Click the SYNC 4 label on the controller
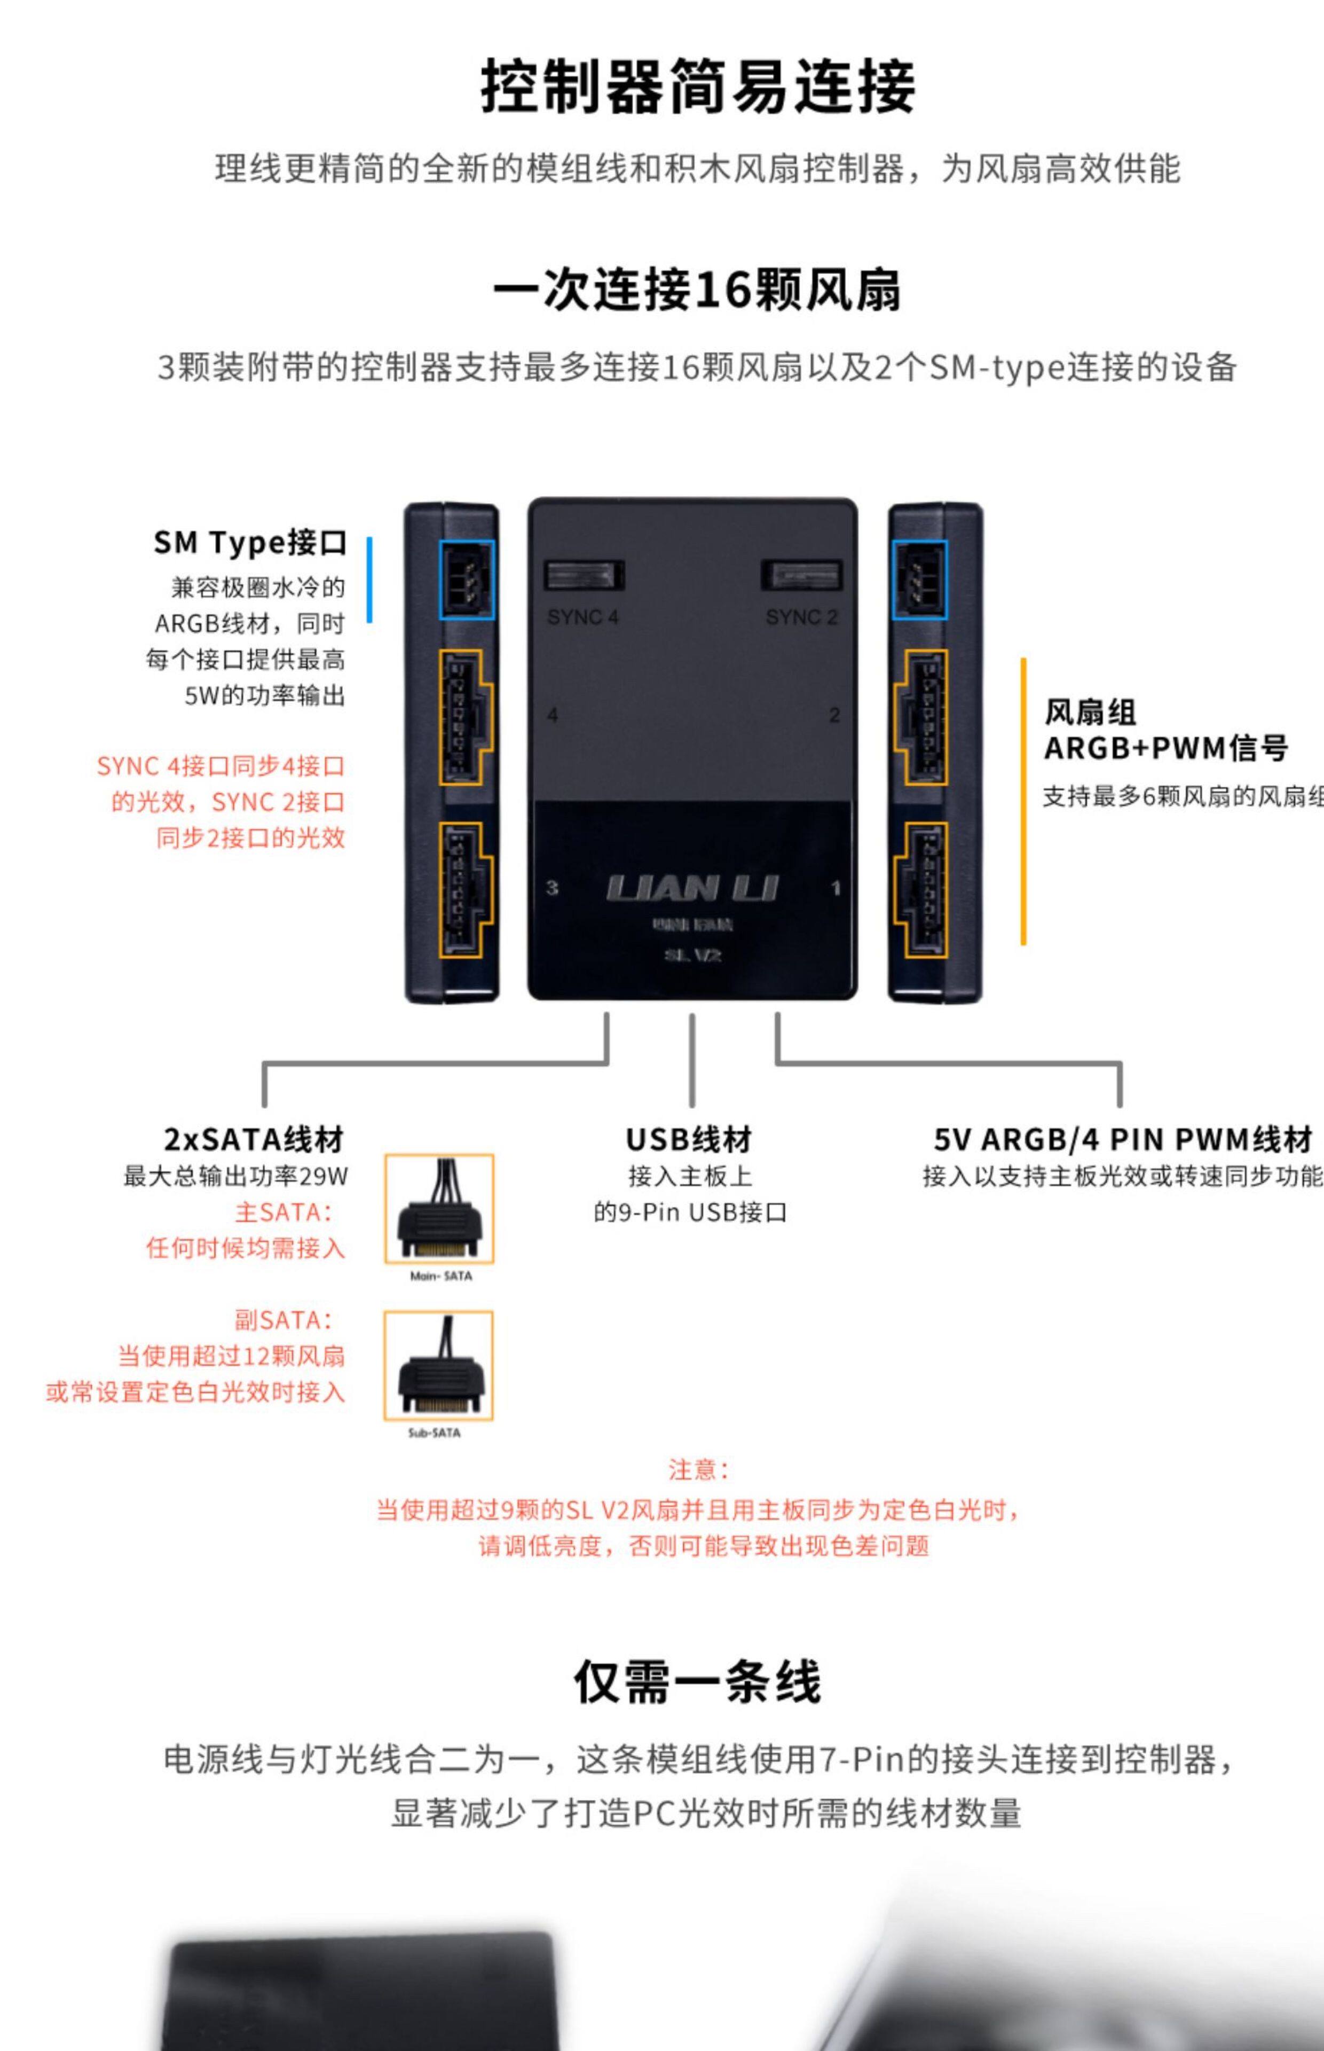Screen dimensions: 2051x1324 click(x=583, y=617)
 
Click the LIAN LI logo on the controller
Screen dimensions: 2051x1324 click(x=692, y=888)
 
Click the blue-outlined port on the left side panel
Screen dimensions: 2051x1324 click(x=467, y=580)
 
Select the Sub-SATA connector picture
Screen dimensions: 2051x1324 click(x=438, y=1366)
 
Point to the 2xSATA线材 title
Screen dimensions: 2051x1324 click(x=254, y=1139)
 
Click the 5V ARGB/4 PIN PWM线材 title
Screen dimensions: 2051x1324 click(x=1123, y=1139)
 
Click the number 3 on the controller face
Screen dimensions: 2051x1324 click(x=552, y=888)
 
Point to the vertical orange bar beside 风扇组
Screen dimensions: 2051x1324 click(x=1023, y=802)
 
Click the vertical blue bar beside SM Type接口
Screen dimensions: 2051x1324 click(x=369, y=580)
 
